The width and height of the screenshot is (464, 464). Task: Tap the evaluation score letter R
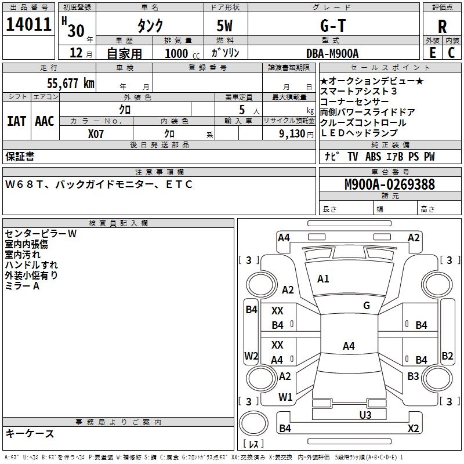tap(442, 26)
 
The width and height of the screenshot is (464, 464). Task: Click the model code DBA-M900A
tap(332, 53)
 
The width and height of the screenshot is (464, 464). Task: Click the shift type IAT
tap(16, 121)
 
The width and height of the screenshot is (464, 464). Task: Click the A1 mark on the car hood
tap(323, 279)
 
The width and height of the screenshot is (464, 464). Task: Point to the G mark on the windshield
tap(366, 306)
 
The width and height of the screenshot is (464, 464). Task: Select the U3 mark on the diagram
tap(365, 414)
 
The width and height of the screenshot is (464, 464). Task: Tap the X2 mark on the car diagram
tap(413, 428)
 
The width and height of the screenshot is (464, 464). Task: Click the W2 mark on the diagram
tap(251, 356)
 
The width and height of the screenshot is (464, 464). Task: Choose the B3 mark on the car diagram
tap(413, 376)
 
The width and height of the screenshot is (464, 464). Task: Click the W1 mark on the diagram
tap(285, 397)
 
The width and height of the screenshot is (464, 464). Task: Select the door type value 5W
tap(226, 26)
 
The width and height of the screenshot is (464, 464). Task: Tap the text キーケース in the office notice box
tap(30, 434)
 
